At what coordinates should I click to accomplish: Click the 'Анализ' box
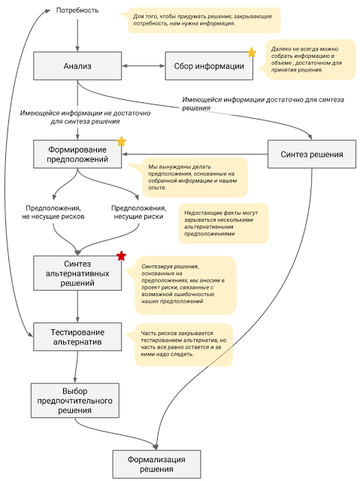[x=77, y=66]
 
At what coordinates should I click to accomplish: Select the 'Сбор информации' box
[x=209, y=66]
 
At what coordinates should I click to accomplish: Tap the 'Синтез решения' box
[x=312, y=154]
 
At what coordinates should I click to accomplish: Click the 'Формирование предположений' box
[x=77, y=154]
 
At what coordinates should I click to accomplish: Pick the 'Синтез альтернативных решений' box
[x=77, y=273]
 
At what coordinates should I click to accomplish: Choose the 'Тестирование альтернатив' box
[x=77, y=337]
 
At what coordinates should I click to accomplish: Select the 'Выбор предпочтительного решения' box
[x=75, y=401]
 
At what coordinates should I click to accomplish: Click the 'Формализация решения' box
[x=156, y=464]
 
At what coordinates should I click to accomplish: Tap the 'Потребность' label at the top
[x=77, y=11]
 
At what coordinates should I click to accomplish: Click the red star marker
[x=122, y=256]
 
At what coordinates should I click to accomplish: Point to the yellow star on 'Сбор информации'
[x=252, y=52]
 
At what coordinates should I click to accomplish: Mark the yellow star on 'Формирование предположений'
[x=122, y=141]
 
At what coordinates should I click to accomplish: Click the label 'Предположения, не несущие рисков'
[x=53, y=212]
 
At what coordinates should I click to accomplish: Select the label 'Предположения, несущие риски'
[x=138, y=212]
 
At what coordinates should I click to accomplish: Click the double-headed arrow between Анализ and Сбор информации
[x=144, y=65]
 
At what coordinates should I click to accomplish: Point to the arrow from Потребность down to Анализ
[x=77, y=35]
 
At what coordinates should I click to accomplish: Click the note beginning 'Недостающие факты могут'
[x=223, y=223]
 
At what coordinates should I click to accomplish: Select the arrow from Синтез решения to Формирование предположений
[x=195, y=154]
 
